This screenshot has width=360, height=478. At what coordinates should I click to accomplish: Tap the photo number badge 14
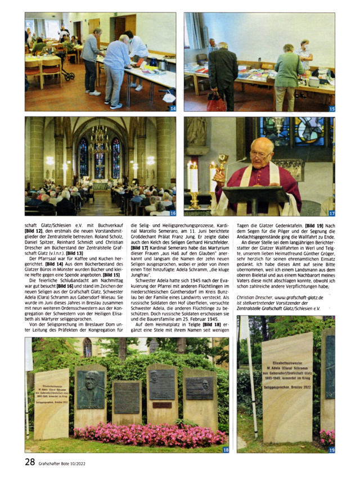coord(172,107)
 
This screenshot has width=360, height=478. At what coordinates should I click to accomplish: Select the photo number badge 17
coord(331,213)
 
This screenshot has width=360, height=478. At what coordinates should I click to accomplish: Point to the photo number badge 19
coord(331,449)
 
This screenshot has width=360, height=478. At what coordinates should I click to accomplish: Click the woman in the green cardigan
coord(289,73)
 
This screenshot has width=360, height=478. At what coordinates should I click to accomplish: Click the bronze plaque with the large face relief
coord(91,388)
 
